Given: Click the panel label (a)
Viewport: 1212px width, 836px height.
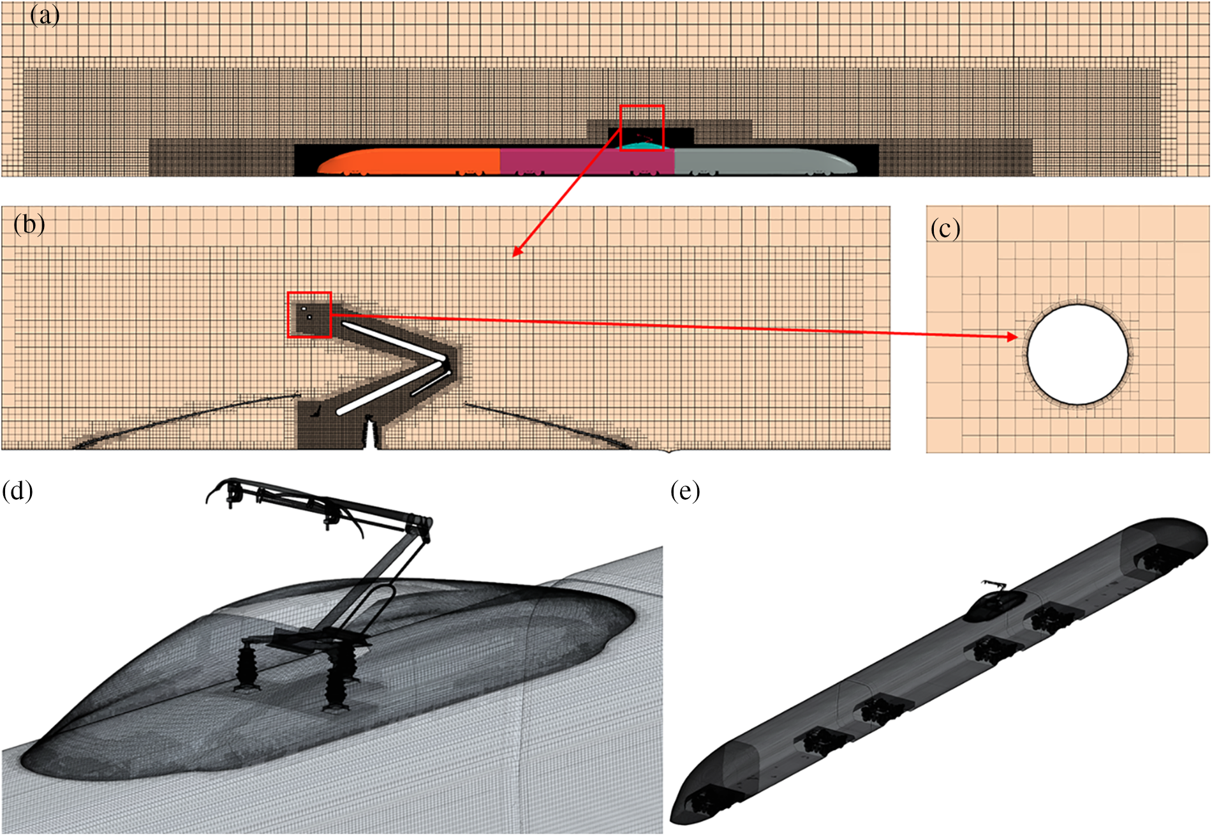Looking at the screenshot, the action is [x=45, y=15].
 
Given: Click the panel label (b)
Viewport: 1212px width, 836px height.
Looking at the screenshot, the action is [x=29, y=224].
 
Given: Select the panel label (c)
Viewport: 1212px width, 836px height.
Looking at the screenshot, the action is [x=945, y=228].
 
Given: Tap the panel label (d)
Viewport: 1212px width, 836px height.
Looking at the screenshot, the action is [x=18, y=491].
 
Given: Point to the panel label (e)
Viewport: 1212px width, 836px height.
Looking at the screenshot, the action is [x=685, y=491].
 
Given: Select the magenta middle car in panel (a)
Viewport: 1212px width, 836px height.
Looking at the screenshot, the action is [x=587, y=161].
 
